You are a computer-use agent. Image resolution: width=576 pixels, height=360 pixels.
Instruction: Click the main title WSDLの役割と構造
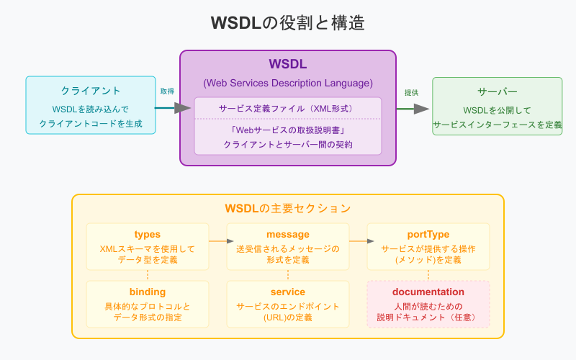(288, 22)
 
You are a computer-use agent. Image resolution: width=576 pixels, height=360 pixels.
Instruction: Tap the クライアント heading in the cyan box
(91, 91)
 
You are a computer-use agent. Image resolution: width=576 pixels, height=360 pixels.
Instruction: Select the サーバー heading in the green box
(497, 92)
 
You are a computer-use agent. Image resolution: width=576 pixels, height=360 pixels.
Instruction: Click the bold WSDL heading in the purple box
(288, 65)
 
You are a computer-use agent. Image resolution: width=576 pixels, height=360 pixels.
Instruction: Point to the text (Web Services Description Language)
(288, 83)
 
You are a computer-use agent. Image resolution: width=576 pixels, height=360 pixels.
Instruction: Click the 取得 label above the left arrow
(167, 91)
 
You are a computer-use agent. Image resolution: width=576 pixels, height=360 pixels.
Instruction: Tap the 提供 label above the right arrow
(411, 92)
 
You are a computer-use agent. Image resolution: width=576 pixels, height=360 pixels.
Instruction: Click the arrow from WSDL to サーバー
(413, 109)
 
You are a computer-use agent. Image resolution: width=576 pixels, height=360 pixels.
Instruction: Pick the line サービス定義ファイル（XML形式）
(288, 108)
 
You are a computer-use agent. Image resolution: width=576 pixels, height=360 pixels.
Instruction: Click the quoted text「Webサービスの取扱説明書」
(288, 130)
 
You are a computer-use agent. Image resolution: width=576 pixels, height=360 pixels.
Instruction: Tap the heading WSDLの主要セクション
(288, 208)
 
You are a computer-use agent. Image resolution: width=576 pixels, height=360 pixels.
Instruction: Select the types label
(148, 235)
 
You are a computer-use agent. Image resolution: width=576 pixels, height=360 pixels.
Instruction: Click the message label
(288, 235)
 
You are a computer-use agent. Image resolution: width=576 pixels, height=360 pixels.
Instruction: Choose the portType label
(428, 235)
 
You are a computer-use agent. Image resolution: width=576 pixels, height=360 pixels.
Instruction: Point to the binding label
(148, 292)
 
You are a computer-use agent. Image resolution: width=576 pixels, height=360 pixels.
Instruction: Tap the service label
(288, 292)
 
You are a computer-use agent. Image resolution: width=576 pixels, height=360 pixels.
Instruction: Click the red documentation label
(428, 292)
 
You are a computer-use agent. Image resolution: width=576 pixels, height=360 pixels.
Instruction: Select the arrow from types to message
(217, 241)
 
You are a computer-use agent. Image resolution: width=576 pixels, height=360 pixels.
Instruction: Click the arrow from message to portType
(358, 241)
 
